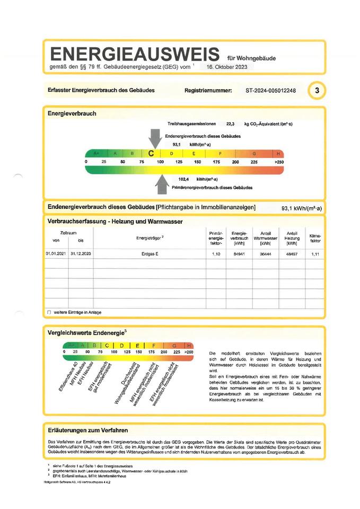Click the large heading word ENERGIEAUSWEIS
(134, 54)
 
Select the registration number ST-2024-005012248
(270, 91)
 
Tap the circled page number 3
(317, 91)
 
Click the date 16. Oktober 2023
(225, 67)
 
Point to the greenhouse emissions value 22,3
(230, 124)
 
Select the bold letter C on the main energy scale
(151, 153)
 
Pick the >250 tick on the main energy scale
(279, 161)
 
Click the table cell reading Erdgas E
(147, 254)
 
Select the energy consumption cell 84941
(240, 254)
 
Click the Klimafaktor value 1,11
(314, 254)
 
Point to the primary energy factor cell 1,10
(216, 254)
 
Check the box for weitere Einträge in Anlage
(49, 312)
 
